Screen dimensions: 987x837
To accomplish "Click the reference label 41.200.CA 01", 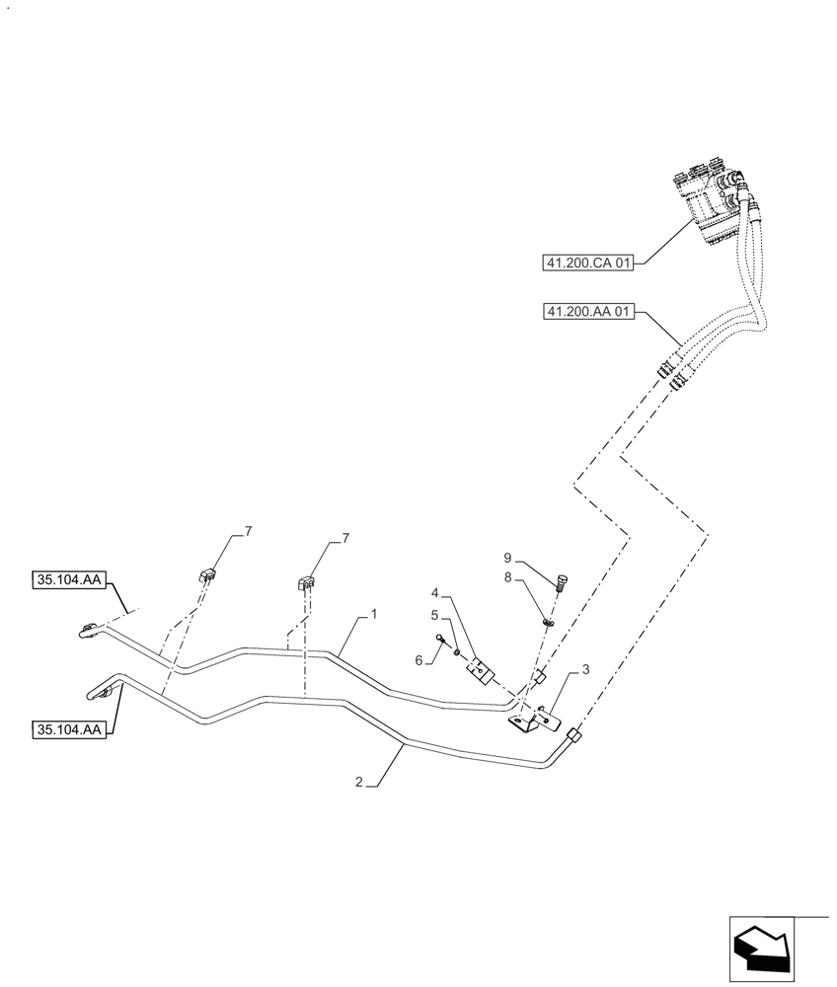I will pos(587,263).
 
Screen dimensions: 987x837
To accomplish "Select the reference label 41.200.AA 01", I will pos(587,313).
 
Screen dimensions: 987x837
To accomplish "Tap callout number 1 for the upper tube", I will pos(374,614).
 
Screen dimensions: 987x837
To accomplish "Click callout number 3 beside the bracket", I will pos(585,669).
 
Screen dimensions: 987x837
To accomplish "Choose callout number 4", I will pos(433,593).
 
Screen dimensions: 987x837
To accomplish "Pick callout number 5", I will pos(433,614).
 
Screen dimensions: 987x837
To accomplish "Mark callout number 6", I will pos(419,660).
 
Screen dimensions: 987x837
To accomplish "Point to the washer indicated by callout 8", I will pos(550,622).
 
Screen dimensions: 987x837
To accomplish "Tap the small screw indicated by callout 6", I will pos(440,639).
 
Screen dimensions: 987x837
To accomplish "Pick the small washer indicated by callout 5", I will pos(456,648).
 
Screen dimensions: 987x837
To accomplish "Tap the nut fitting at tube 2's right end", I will pos(573,734).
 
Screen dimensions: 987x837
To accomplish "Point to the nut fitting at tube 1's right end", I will pos(539,681).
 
